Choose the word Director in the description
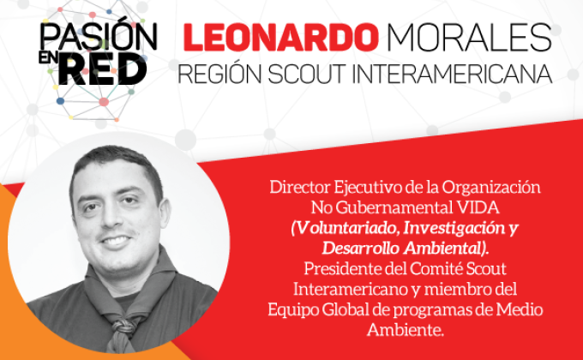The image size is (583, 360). click(300, 187)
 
